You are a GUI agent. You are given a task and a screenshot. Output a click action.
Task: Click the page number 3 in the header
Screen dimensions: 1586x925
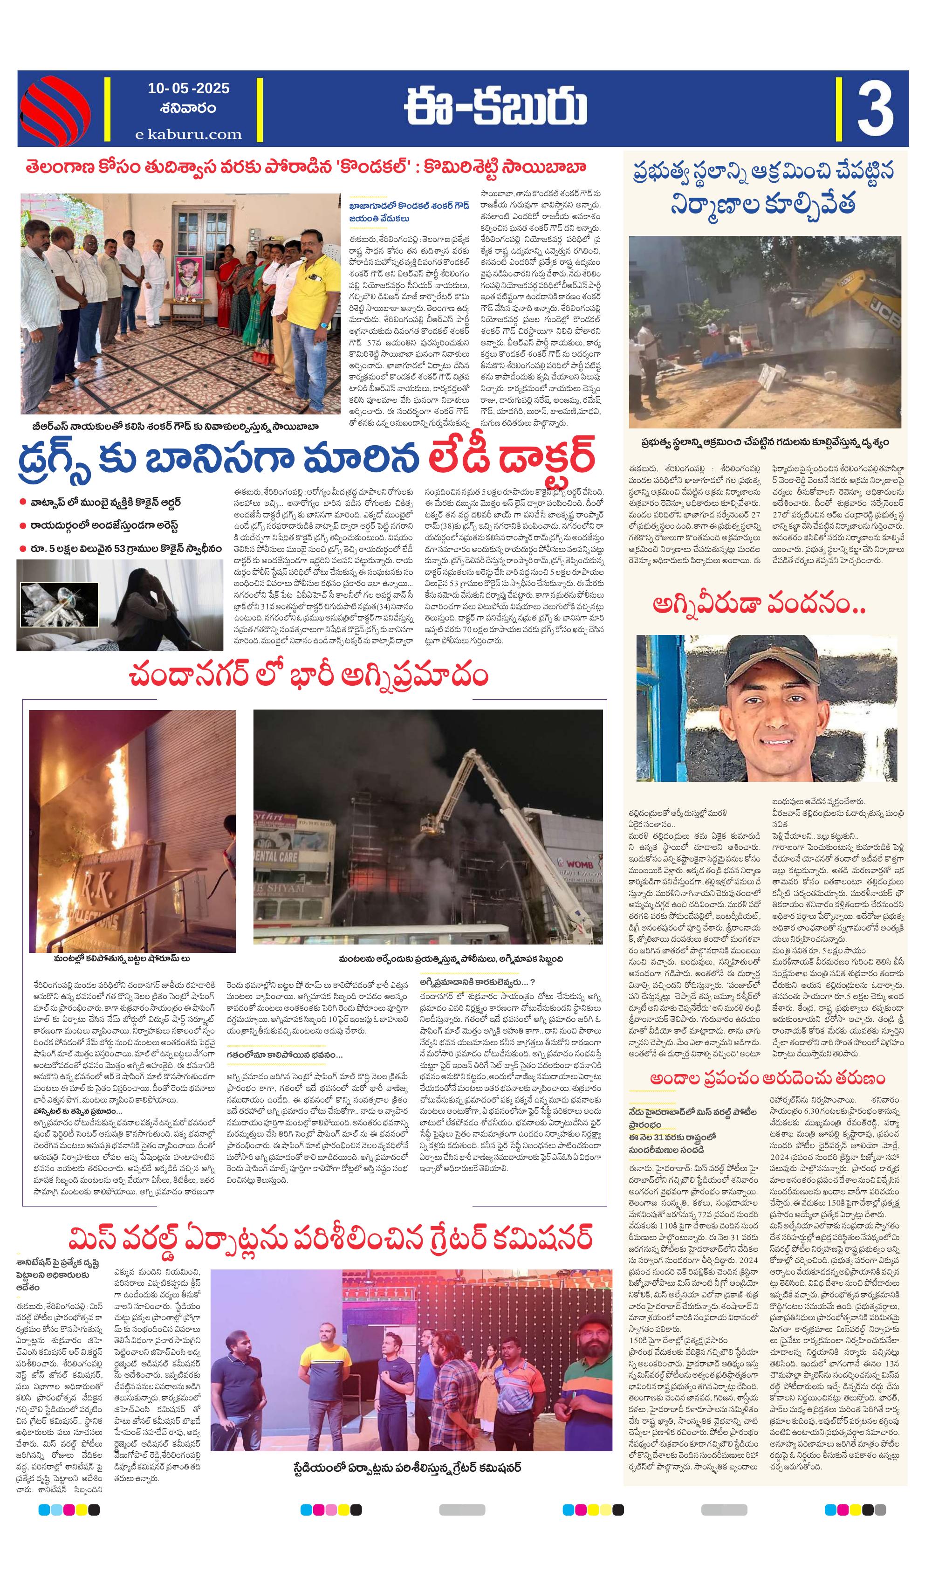(875, 110)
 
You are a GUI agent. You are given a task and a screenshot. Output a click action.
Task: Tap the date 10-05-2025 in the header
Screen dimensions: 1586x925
(188, 89)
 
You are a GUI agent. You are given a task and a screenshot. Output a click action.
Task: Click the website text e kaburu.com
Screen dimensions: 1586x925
(188, 134)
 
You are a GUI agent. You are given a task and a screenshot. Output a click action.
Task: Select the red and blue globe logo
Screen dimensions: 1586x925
(55, 110)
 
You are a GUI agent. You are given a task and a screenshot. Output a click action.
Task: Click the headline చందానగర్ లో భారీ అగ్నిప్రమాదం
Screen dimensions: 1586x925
(308, 676)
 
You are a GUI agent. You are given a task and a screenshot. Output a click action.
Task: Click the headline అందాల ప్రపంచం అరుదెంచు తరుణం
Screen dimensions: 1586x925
(767, 1078)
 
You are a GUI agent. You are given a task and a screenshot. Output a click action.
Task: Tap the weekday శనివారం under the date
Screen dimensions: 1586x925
(188, 108)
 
